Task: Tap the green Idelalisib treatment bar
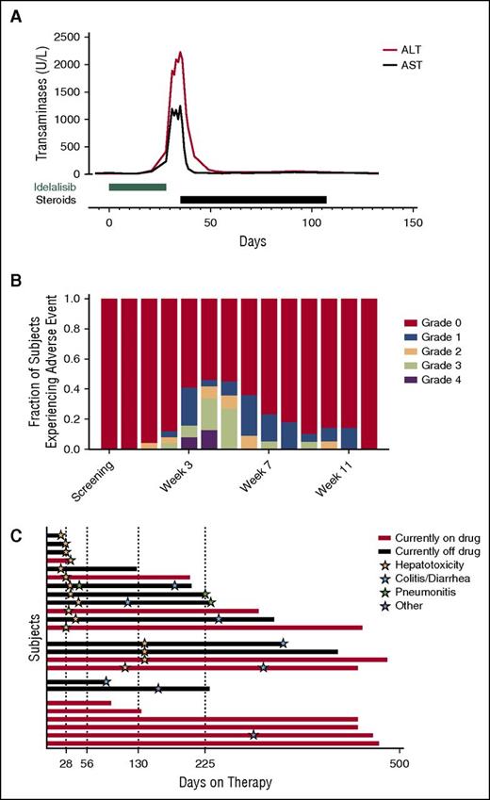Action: (x=138, y=187)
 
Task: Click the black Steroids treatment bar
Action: (x=253, y=199)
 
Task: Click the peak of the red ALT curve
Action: (x=179, y=53)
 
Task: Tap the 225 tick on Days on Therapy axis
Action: (x=205, y=764)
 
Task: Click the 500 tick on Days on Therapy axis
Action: (x=400, y=764)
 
